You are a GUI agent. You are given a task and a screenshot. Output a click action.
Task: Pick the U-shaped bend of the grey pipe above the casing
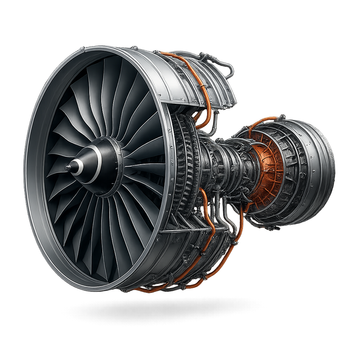coord(231,70)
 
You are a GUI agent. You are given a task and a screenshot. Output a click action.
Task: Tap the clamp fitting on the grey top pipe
coord(203,56)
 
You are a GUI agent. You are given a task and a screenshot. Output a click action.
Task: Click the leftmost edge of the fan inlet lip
coord(25,169)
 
